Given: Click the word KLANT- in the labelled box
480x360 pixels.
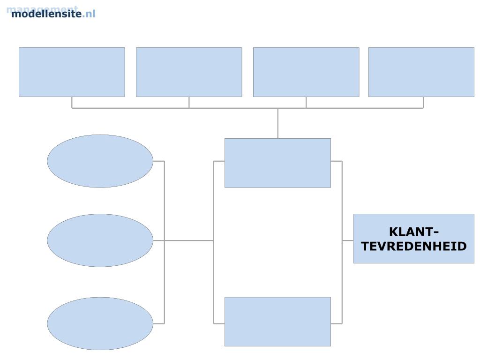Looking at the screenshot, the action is (414, 232).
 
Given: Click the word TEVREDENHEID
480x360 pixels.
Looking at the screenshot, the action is (414, 246).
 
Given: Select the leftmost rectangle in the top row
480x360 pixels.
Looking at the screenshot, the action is (72, 72).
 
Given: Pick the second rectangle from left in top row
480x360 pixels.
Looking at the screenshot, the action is (189, 72).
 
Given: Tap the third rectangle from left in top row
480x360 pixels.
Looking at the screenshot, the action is (306, 72).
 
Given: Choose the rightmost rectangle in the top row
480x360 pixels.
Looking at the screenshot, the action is (421, 72).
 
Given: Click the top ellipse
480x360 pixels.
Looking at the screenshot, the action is (100, 161).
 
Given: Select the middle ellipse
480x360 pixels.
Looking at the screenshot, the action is (100, 240).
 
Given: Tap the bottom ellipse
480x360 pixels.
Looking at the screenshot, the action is (100, 323).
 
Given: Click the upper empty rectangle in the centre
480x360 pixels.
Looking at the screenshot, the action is (277, 163).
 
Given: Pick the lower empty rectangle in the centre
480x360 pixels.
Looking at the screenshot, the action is (277, 322).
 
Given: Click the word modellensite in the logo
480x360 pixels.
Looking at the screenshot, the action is (46, 14).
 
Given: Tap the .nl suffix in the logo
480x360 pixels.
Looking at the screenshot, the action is (89, 14).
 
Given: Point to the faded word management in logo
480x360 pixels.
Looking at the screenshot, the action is (42, 8).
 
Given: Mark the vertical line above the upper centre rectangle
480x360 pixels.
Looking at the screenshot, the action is (277, 123).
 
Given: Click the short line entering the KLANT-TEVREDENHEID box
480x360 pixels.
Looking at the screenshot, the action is (347, 240).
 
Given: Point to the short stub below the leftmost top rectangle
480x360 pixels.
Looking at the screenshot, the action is (72, 103).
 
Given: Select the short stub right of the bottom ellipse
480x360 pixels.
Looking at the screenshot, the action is (158, 323).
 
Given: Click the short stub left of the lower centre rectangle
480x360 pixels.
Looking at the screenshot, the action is (219, 323).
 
